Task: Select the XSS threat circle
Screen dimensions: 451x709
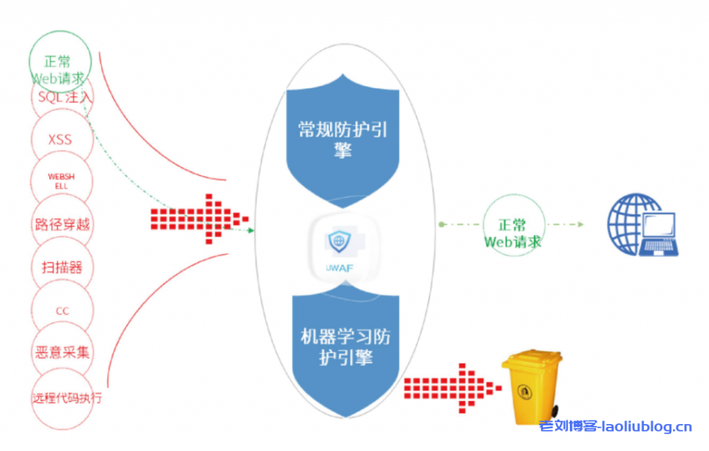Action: [x=60, y=140]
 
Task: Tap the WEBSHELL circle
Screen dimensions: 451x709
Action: [x=60, y=181]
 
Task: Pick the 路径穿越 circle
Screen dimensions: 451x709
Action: [x=62, y=225]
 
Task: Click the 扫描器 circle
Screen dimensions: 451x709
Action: [x=61, y=267]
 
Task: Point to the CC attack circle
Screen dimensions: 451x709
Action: [x=62, y=311]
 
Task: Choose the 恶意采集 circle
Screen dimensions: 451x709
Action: [x=62, y=352]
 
